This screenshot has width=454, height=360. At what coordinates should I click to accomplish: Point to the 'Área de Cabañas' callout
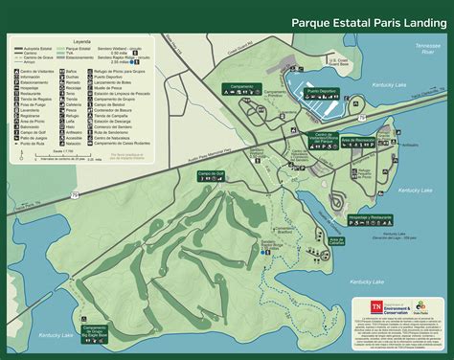(336, 239)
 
